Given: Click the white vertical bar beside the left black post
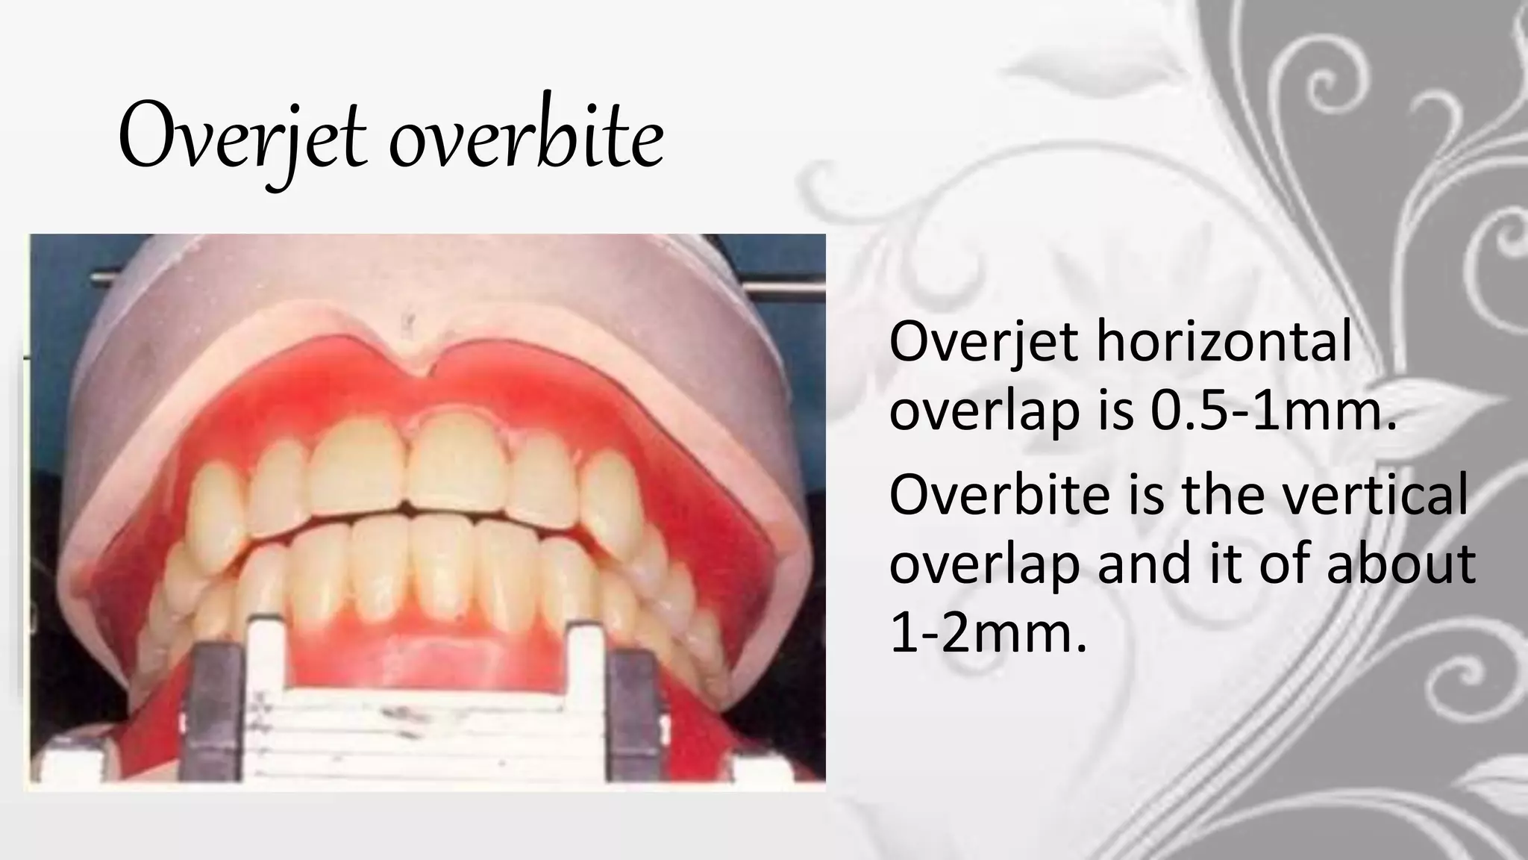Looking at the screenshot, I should pyautogui.click(x=263, y=694).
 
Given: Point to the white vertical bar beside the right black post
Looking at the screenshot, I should pyautogui.click(x=586, y=694).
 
